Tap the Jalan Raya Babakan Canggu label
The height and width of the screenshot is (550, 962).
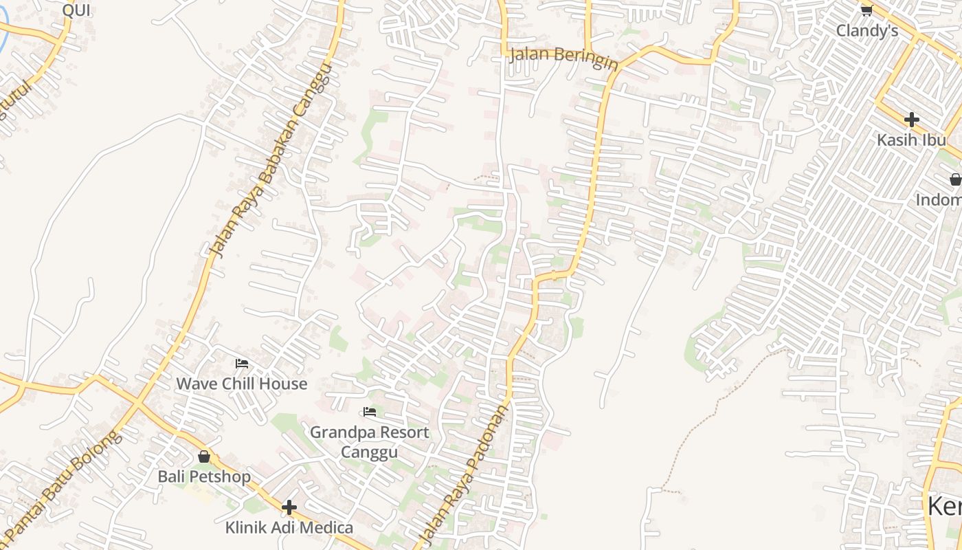point(271,162)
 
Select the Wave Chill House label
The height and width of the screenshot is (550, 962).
point(242,384)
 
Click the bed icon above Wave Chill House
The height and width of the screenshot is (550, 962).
point(241,364)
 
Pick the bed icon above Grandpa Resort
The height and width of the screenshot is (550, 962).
point(370,412)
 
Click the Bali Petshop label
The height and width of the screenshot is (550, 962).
point(204,476)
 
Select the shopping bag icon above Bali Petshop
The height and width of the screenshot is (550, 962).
point(204,456)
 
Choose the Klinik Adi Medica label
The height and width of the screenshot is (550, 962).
point(289,527)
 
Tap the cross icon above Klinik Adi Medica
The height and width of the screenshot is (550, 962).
point(289,507)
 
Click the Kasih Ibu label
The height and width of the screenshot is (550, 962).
point(911,140)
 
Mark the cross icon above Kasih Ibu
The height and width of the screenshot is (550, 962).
point(911,120)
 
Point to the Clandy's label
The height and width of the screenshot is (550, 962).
point(867,31)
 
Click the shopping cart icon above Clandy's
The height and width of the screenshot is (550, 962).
point(866,10)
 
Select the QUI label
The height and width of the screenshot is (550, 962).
point(76,10)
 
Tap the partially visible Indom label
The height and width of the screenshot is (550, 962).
point(939,200)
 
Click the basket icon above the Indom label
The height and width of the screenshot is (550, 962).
point(955,180)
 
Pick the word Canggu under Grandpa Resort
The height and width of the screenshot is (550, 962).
point(369,452)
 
